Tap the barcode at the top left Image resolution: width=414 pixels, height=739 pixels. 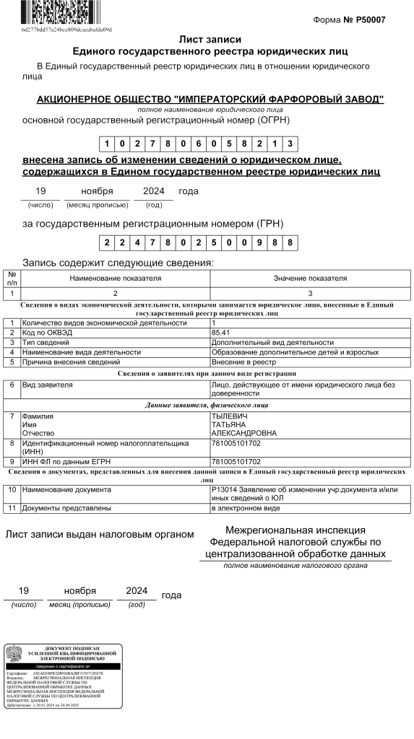[64, 14]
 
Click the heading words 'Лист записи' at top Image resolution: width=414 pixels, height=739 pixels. [210, 40]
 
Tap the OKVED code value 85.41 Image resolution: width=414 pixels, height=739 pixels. [220, 333]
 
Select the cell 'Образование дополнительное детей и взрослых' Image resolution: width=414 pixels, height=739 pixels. [294, 352]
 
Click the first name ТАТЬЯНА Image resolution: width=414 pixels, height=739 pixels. [230, 425]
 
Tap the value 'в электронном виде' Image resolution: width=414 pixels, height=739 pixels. [245, 509]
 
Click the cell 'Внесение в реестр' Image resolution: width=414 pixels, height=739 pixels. [243, 362]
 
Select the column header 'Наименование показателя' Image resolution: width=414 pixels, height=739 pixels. [116, 278]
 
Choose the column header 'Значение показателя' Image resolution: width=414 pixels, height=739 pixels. [310, 278]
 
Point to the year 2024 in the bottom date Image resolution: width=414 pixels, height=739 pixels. [136, 590]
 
